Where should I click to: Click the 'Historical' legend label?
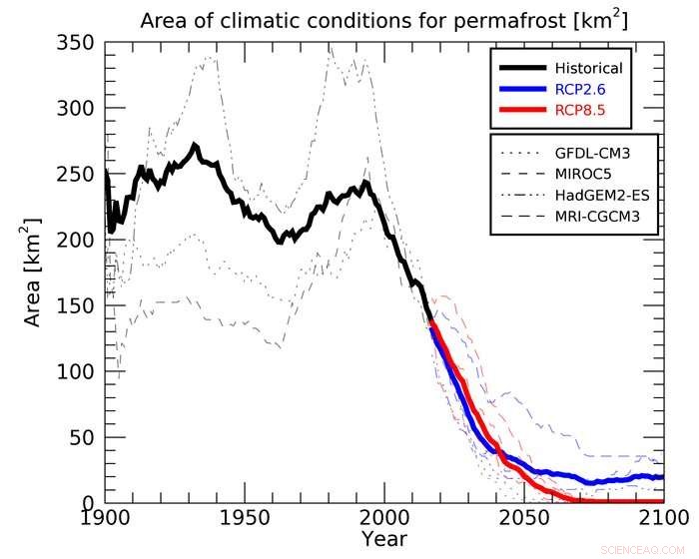pos(588,68)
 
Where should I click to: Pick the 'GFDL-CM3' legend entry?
pos(596,156)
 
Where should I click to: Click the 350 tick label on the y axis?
pos(75,44)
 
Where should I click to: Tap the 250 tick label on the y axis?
pos(75,175)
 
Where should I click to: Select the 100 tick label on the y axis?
pos(75,371)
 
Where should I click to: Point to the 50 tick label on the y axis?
pos(81,437)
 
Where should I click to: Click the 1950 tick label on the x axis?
pos(246,518)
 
